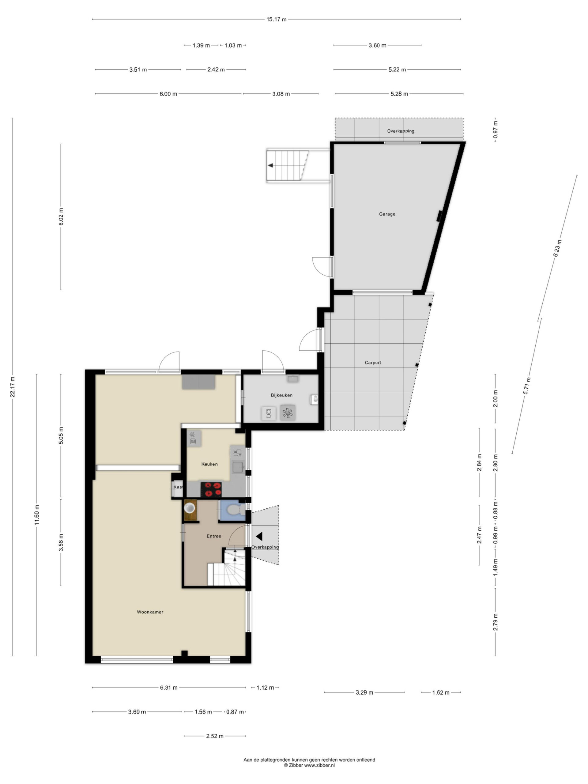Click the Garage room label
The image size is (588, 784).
coord(387,214)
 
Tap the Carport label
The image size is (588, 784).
coord(373,363)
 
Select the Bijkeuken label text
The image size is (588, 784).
coord(281,395)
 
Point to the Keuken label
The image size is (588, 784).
coord(209,464)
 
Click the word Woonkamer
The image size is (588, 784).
coord(150,612)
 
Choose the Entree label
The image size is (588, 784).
coord(214,536)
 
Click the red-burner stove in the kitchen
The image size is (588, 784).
coord(211,489)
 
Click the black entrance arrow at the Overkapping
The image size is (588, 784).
coord(259,536)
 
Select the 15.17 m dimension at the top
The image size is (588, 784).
coord(277,20)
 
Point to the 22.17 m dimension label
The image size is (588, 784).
coord(13,387)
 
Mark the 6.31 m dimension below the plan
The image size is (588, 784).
coord(169,688)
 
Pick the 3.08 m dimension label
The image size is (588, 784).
coord(281,94)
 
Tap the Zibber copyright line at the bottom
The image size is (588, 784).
coord(309,765)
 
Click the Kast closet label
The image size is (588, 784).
coord(178,487)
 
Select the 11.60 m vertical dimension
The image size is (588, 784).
coord(37,515)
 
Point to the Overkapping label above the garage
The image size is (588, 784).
coord(401,131)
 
